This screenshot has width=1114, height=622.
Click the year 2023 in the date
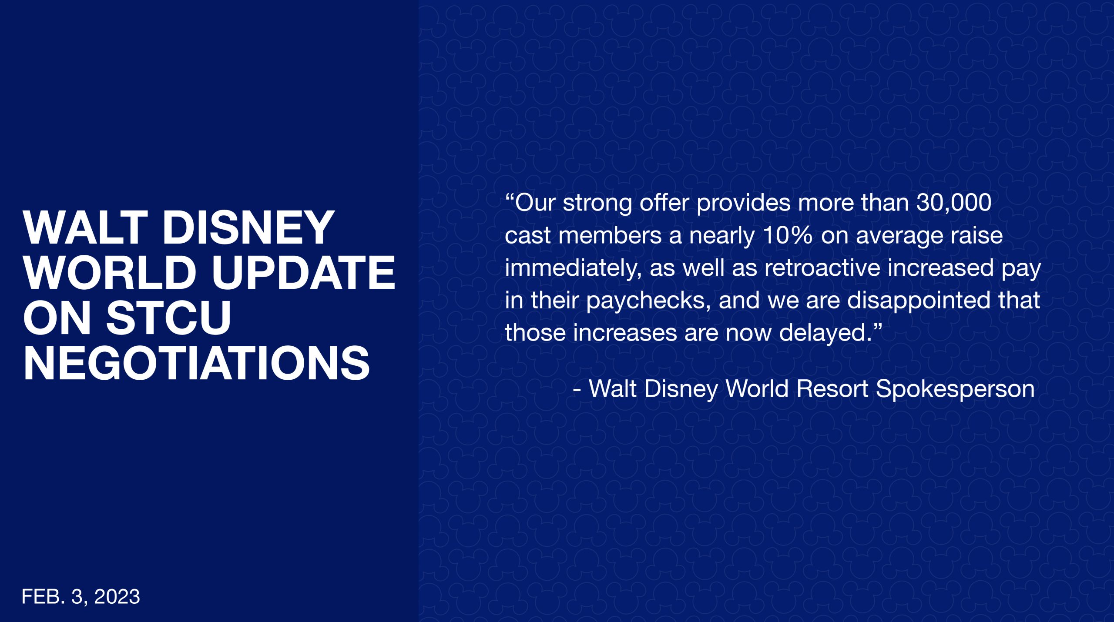(x=117, y=596)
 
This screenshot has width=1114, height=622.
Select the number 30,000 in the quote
(x=954, y=203)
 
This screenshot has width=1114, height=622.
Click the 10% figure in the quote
(x=788, y=235)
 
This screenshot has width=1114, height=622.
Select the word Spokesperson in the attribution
(x=955, y=389)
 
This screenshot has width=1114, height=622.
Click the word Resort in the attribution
(x=832, y=388)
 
